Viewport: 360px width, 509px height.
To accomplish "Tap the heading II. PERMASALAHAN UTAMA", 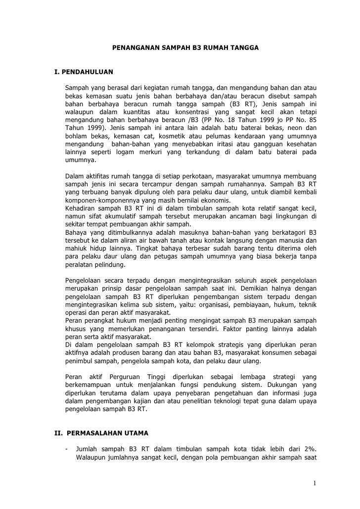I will point(101,433).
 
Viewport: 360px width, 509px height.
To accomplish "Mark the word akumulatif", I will point(126,216).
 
